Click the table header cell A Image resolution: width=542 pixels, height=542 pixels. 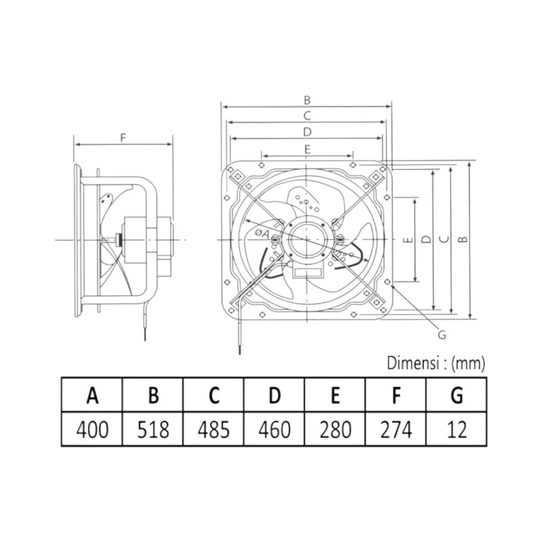(x=91, y=395)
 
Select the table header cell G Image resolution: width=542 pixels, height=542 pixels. (x=456, y=395)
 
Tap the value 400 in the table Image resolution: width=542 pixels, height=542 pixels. (x=91, y=429)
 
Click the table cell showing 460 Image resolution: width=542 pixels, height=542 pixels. (x=274, y=429)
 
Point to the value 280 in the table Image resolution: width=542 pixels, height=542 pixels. (x=335, y=429)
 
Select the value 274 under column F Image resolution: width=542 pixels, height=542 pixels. (x=396, y=429)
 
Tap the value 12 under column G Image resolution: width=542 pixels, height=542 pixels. (x=456, y=429)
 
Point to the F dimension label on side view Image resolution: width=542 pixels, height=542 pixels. (x=123, y=138)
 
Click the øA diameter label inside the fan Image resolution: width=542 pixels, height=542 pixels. (x=262, y=234)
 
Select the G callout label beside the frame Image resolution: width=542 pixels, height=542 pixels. (x=442, y=334)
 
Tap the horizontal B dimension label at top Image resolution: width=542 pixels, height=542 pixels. (x=307, y=100)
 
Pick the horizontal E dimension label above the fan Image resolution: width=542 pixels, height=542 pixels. (x=307, y=148)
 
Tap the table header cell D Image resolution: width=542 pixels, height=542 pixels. (x=274, y=395)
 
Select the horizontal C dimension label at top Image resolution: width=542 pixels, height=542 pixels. (x=307, y=115)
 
